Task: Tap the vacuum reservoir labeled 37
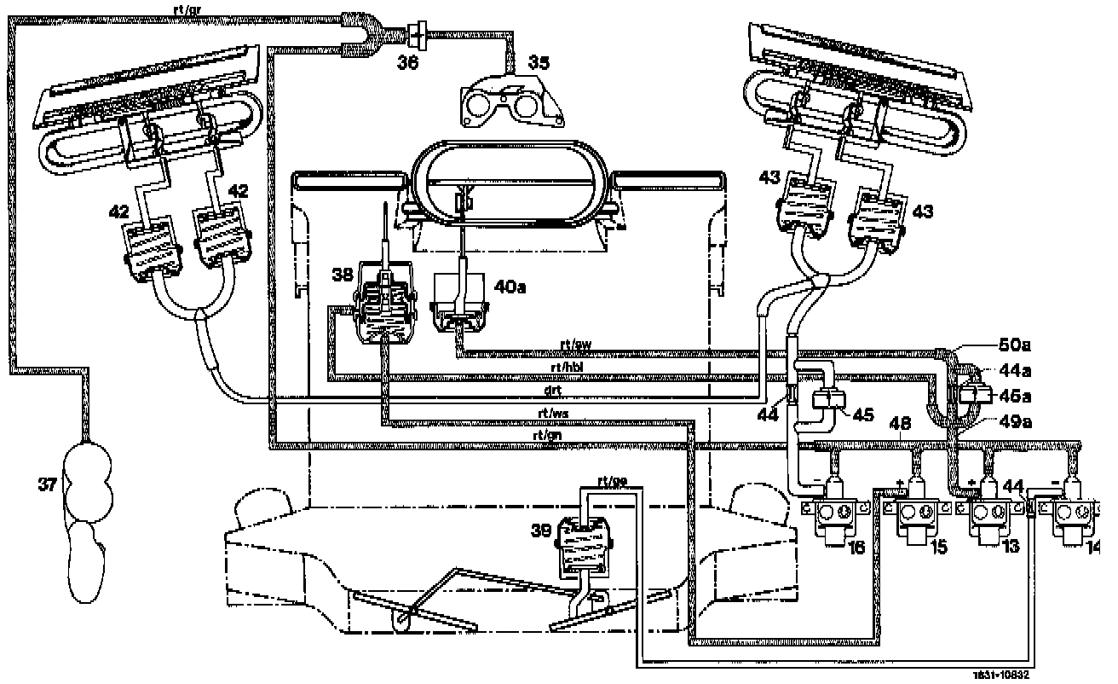[88, 512]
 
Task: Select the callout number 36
[408, 62]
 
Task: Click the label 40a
[509, 287]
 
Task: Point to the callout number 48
[902, 423]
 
